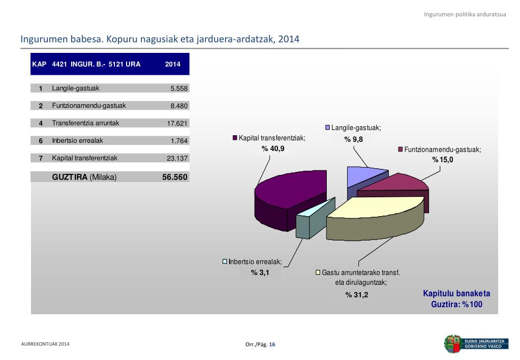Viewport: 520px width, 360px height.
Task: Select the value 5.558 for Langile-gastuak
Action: click(x=179, y=88)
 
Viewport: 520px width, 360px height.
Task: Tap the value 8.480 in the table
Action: click(x=179, y=106)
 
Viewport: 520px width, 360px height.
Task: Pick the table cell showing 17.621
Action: click(x=177, y=124)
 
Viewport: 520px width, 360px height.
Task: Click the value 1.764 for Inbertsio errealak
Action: click(x=179, y=141)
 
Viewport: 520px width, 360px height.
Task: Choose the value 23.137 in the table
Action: click(x=177, y=158)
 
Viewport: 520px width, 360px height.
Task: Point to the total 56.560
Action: click(x=175, y=177)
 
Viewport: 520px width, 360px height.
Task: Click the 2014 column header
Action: click(x=173, y=65)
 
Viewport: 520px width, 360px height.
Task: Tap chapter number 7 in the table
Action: click(x=41, y=158)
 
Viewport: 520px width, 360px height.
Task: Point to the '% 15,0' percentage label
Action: click(x=442, y=160)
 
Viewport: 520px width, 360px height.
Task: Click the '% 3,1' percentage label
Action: click(x=260, y=273)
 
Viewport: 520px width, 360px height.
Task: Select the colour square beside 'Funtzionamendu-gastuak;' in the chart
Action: click(x=401, y=149)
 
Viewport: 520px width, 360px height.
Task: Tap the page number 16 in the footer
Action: click(x=272, y=345)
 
